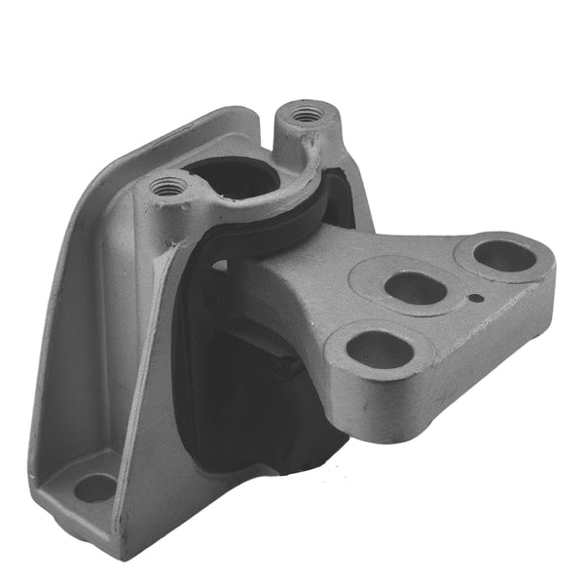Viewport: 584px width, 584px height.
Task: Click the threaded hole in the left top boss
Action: coord(168,185)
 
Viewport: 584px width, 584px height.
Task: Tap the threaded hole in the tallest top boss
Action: coord(308,113)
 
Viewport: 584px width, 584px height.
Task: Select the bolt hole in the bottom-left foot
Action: coord(94,487)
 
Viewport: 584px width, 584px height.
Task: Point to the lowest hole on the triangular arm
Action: coord(379,349)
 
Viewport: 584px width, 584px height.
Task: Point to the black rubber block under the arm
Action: coord(253,389)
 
